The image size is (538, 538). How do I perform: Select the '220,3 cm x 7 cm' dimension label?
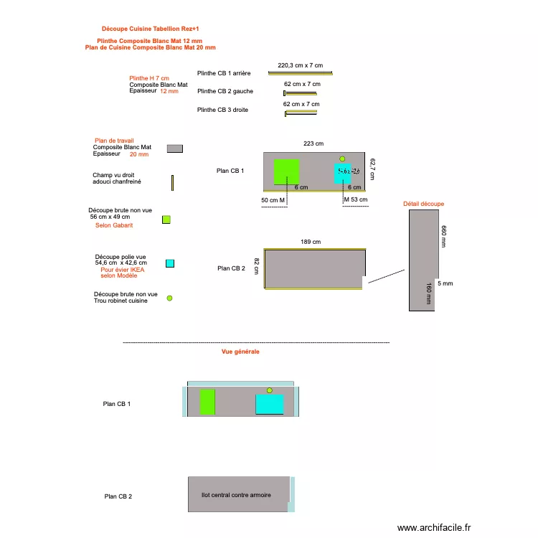pos(300,65)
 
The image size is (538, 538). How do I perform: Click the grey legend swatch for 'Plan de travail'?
pos(174,148)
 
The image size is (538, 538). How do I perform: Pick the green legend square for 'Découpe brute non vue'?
pos(166,220)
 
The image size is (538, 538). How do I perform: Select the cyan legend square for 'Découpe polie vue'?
pos(170,263)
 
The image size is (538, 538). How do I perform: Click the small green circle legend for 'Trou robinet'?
pos(170,298)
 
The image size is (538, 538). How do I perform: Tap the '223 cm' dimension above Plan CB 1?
pos(313,144)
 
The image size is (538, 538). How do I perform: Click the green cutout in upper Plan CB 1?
pos(286,172)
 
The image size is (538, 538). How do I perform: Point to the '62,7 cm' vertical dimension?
pos(372,169)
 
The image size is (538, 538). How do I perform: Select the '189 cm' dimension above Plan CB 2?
pos(311,242)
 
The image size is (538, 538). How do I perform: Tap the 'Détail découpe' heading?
pos(423,204)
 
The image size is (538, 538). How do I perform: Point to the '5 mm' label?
pos(445,283)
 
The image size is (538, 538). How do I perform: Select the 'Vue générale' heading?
pos(241,352)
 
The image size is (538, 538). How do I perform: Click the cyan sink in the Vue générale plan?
pos(270,405)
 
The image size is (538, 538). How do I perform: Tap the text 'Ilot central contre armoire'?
pos(236,495)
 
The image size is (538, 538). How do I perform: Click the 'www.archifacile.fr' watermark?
pos(434,527)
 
